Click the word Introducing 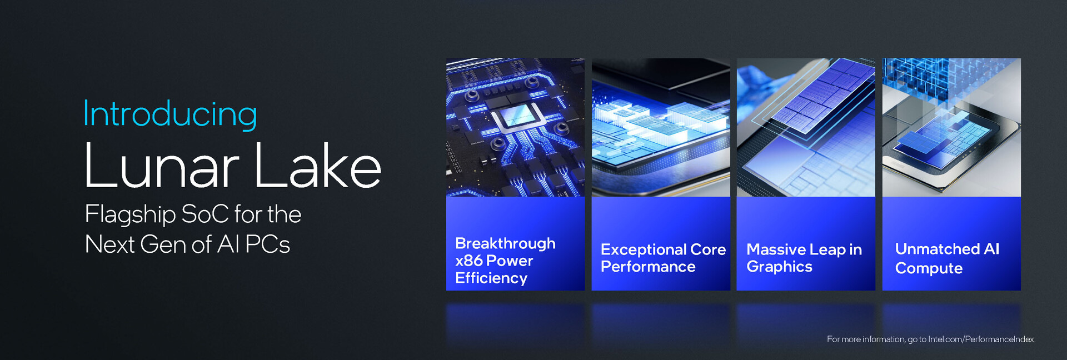tap(170, 114)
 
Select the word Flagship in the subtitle tap(130, 215)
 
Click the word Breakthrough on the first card tap(505, 243)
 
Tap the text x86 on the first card tap(468, 261)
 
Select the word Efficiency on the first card tap(491, 278)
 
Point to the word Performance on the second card tap(648, 267)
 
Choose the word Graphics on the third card tap(779, 267)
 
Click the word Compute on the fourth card tap(929, 268)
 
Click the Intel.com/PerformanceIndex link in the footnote tap(981, 339)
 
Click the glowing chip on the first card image tap(515, 118)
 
